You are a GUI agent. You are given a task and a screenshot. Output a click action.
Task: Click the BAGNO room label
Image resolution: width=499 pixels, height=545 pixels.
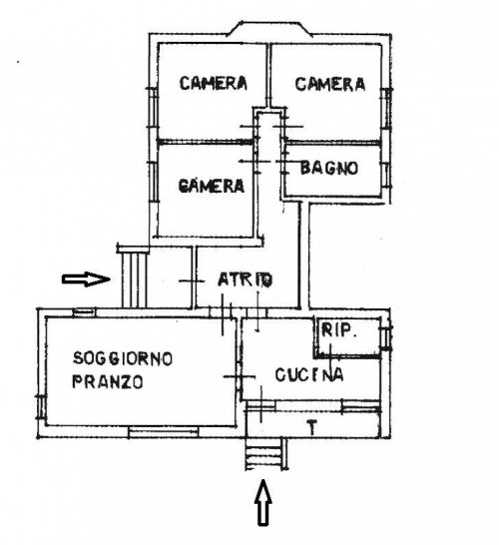coord(328,169)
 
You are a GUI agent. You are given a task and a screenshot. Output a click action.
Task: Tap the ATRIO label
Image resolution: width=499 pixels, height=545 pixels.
coord(245,279)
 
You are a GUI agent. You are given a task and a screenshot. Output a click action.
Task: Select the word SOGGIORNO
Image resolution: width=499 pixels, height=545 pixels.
coord(123,358)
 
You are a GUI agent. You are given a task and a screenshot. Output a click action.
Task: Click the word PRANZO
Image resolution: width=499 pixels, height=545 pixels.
coord(108,382)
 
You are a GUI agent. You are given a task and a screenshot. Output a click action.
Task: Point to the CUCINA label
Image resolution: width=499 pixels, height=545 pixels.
coord(309,374)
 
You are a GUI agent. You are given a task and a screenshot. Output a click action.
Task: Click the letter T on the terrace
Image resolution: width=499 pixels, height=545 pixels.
coord(313,427)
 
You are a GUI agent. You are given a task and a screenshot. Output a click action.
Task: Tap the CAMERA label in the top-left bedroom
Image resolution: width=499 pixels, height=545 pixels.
coord(214,84)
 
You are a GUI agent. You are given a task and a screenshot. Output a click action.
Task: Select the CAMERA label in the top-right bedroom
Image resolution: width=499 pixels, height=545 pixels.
coord(330,84)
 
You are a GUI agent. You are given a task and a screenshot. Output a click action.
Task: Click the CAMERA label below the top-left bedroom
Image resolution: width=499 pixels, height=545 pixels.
coord(212,186)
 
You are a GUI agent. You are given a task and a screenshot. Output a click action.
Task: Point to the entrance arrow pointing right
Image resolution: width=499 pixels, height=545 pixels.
coord(86,278)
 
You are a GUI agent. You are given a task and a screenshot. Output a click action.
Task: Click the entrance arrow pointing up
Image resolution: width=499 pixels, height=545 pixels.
coord(263,502)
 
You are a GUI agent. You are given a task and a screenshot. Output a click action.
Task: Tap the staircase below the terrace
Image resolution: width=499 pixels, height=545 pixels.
coord(263,454)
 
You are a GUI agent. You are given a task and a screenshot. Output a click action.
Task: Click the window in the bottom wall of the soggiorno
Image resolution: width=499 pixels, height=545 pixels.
coord(164,432)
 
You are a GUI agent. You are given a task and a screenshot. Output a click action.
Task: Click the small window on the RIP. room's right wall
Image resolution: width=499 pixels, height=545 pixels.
coord(386,336)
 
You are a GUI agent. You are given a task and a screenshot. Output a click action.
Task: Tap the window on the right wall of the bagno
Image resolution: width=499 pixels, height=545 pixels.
coord(386,175)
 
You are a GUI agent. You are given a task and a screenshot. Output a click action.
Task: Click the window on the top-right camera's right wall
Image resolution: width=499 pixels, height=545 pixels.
coord(386,109)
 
